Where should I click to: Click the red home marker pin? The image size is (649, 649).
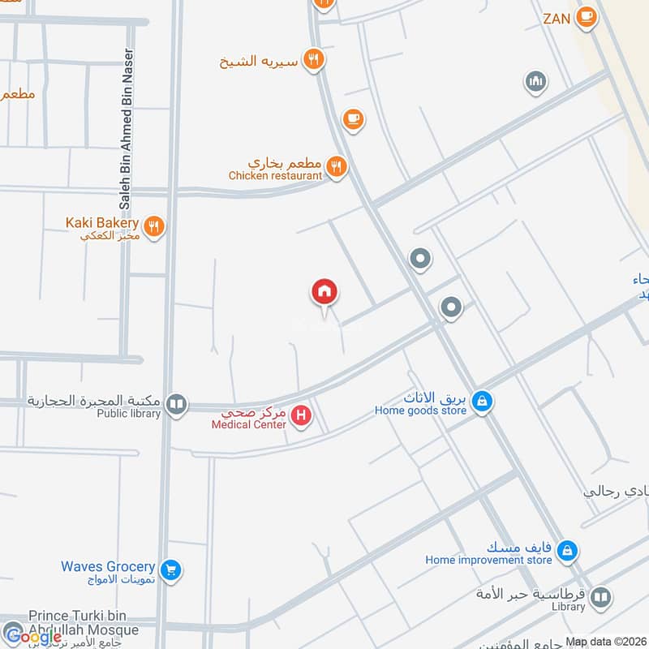click(324, 292)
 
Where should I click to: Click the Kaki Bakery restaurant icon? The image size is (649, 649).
click(154, 226)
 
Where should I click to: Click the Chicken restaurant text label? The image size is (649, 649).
click(275, 175)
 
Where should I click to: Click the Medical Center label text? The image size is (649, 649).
click(248, 424)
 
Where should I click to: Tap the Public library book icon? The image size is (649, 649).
click(176, 403)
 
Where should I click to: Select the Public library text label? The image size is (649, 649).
click(129, 413)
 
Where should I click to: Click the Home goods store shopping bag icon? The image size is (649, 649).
click(483, 402)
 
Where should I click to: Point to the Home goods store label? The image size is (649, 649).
click(420, 410)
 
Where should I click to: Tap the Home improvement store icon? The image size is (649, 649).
click(568, 551)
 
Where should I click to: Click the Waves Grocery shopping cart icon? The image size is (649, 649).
click(170, 570)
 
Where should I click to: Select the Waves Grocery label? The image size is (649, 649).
click(108, 566)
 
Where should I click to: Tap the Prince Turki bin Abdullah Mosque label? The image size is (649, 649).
click(84, 623)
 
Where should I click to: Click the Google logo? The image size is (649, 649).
click(32, 637)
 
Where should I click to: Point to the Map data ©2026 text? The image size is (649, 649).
click(606, 642)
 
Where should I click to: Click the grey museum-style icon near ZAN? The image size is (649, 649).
click(535, 81)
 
